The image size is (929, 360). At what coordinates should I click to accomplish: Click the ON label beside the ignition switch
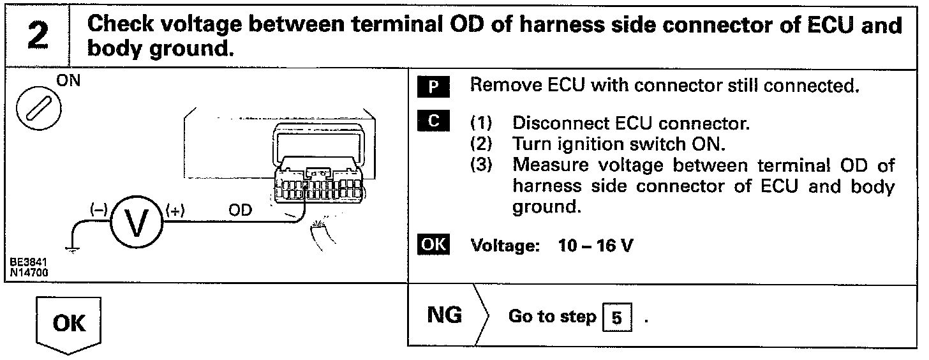pos(66,83)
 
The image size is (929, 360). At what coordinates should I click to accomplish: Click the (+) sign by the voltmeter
pos(174,210)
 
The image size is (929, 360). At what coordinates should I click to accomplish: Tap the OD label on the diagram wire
pos(240,210)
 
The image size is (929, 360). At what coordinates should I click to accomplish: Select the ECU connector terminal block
pos(318,186)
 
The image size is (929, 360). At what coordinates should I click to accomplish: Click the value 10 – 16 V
pos(593,246)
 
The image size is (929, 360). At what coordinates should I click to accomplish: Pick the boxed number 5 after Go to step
pos(616,317)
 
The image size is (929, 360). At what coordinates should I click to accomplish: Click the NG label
pos(443,315)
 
